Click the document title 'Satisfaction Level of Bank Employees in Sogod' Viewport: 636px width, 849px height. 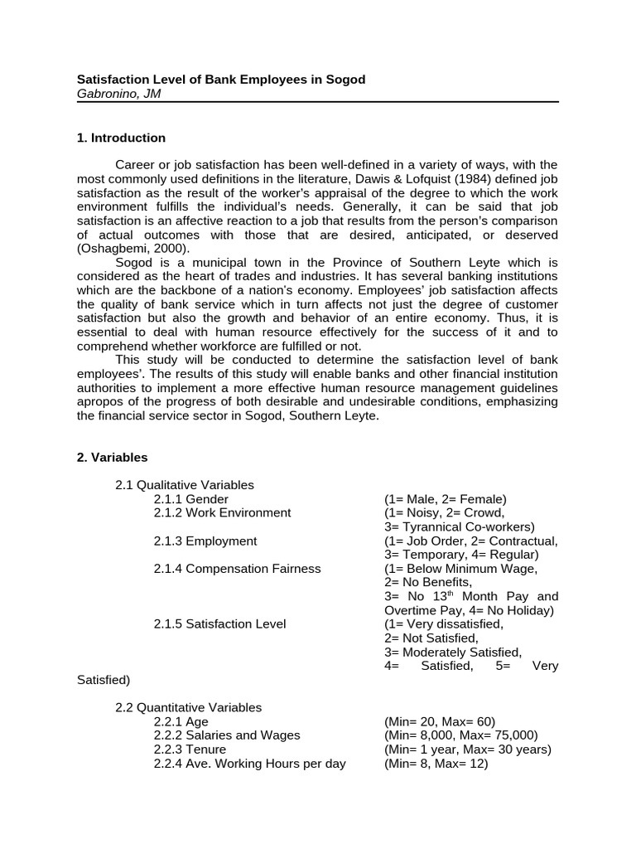click(x=221, y=80)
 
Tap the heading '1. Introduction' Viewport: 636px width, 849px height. click(x=121, y=138)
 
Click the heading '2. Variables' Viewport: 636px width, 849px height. click(x=112, y=457)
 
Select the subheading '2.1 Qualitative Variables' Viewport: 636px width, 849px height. click(x=185, y=485)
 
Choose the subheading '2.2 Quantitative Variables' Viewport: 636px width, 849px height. click(x=188, y=707)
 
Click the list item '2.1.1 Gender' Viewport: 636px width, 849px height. click(x=190, y=499)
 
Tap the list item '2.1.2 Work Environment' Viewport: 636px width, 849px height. click(x=222, y=512)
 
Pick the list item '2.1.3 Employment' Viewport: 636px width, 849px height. click(x=205, y=541)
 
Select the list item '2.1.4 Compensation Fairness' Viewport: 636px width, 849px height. click(x=237, y=569)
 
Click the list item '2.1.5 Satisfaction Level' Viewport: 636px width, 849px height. click(x=219, y=623)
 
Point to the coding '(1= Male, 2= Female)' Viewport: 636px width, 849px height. click(x=445, y=499)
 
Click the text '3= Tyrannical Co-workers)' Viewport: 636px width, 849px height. click(x=460, y=526)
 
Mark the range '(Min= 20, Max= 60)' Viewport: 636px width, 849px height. click(x=439, y=721)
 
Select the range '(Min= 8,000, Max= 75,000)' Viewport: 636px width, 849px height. click(x=461, y=735)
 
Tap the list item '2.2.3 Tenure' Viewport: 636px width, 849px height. click(x=190, y=750)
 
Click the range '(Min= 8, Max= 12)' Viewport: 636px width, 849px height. click(x=436, y=764)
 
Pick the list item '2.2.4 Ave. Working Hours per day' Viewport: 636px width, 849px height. click(x=249, y=764)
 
